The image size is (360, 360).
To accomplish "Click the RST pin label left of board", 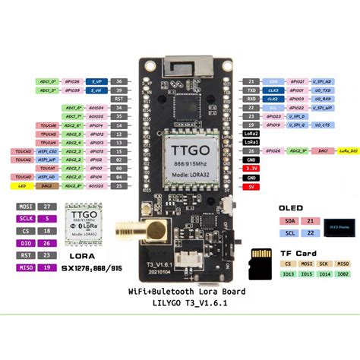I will tap(117, 99).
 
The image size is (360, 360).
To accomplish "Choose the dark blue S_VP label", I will tap(97, 80).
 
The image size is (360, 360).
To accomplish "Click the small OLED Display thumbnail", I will tap(328, 227).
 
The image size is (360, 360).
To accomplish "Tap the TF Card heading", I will tap(298, 253).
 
